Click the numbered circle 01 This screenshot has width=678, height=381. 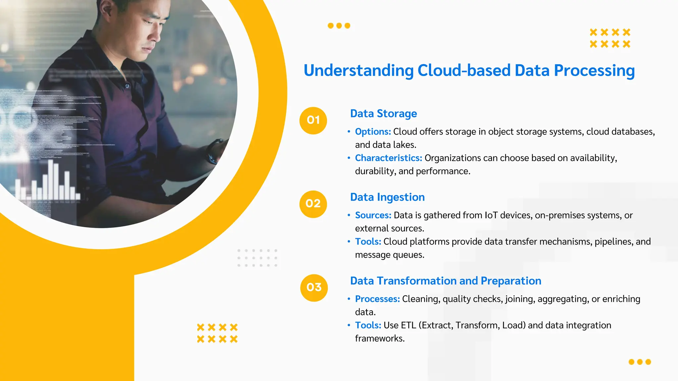(313, 120)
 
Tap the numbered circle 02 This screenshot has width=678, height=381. (313, 204)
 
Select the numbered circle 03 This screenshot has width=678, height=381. (314, 288)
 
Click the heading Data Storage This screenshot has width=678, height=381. (383, 113)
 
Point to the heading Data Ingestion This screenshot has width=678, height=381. (387, 197)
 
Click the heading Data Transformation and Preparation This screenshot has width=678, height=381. (446, 281)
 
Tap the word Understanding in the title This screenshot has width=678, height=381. (359, 70)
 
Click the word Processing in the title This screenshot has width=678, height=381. (594, 70)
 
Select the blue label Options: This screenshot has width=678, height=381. (373, 132)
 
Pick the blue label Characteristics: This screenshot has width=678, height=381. (388, 158)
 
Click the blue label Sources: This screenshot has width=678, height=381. (373, 215)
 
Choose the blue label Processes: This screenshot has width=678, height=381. (377, 299)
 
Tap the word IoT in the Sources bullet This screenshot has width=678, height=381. (491, 215)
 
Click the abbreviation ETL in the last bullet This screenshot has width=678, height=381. (408, 325)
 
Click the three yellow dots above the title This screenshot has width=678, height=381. (339, 26)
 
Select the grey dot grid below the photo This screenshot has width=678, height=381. (257, 258)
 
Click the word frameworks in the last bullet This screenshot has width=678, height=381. (379, 339)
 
